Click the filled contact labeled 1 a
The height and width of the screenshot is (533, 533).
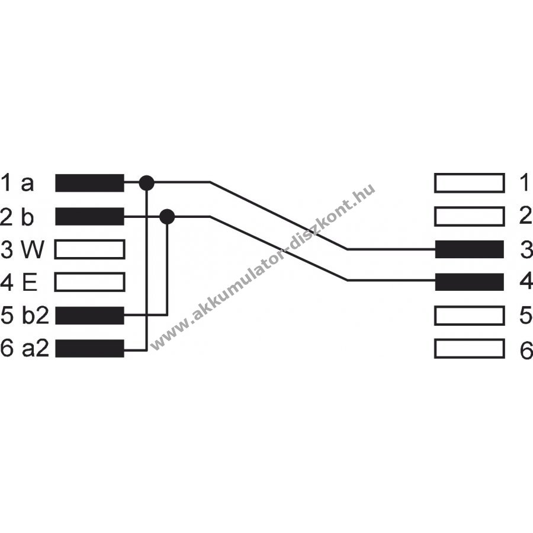[x=89, y=184]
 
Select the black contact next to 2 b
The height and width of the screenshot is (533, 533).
[x=89, y=217]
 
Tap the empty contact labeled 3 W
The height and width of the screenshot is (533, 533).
[x=89, y=249]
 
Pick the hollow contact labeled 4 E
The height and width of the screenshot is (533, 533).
[x=89, y=282]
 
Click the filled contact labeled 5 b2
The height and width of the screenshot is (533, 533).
[x=89, y=316]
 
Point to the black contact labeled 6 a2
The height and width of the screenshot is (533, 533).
[x=89, y=349]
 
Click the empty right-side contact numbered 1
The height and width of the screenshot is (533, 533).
[x=469, y=184]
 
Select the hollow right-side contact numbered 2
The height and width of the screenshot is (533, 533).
[x=469, y=217]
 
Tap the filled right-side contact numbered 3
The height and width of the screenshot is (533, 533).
[x=469, y=249]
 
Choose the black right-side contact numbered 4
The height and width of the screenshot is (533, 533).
[x=469, y=282]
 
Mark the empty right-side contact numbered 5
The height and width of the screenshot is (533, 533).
[x=469, y=316]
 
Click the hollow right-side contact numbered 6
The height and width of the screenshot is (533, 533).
[x=469, y=349]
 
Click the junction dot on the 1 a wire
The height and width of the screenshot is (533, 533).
[x=146, y=183]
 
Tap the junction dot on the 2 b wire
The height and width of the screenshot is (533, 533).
[x=168, y=217]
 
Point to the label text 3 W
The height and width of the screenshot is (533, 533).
[x=22, y=250]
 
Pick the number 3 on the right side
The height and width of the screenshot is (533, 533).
[x=525, y=250]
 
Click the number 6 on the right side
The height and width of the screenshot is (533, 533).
[x=525, y=349]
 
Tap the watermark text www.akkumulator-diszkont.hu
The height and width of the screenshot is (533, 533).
[x=264, y=266]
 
